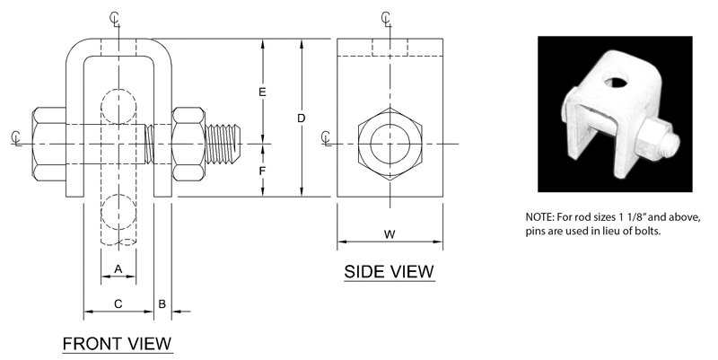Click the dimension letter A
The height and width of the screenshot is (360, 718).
click(x=118, y=268)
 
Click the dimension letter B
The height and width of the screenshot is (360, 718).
click(x=162, y=303)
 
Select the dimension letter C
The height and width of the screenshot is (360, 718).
click(x=118, y=303)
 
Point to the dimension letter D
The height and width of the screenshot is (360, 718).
click(x=302, y=119)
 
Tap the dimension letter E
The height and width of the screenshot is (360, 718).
click(x=262, y=92)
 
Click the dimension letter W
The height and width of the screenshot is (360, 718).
click(x=390, y=234)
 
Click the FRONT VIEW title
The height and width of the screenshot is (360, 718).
click(x=117, y=343)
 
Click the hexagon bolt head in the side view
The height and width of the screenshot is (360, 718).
click(x=390, y=144)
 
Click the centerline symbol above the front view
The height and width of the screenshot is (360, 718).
click(x=113, y=18)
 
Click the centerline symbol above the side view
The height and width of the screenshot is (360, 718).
click(x=386, y=18)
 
